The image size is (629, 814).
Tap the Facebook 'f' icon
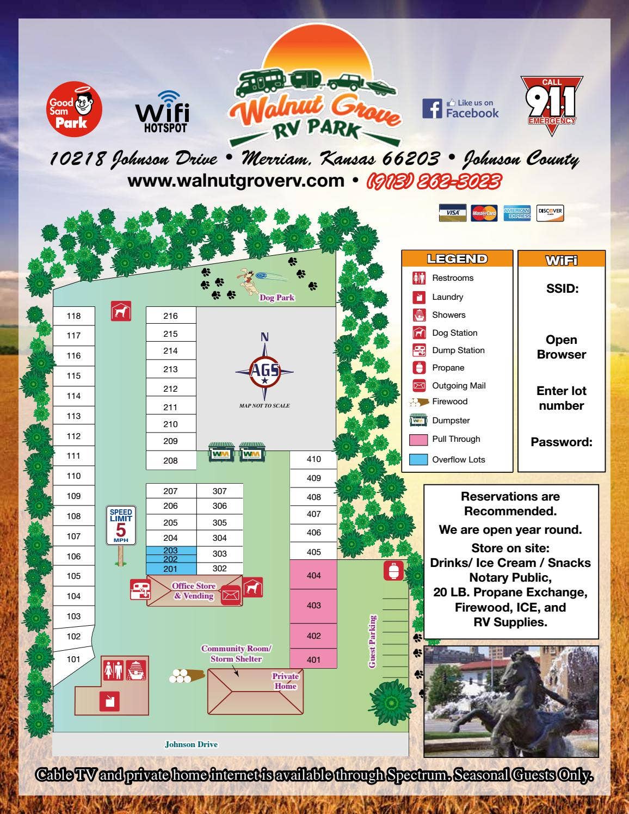pyautogui.click(x=432, y=108)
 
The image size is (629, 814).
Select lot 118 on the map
pyautogui.click(x=73, y=316)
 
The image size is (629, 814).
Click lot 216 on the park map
pyautogui.click(x=170, y=316)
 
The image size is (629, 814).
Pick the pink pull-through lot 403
pyautogui.click(x=313, y=606)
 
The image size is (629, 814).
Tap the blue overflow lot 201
pyautogui.click(x=170, y=569)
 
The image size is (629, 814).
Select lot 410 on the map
pyautogui.click(x=313, y=459)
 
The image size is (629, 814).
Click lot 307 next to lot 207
pyautogui.click(x=219, y=491)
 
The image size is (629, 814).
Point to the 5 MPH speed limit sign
pyautogui.click(x=121, y=526)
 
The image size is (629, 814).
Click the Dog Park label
pyautogui.click(x=276, y=298)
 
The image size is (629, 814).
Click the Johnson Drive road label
pyautogui.click(x=191, y=744)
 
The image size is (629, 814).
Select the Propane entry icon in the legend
pyautogui.click(x=418, y=368)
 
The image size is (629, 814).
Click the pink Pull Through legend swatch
pyautogui.click(x=418, y=440)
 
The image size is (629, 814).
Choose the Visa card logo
pyautogui.click(x=452, y=213)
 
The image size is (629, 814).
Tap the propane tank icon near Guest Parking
pyautogui.click(x=393, y=570)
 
